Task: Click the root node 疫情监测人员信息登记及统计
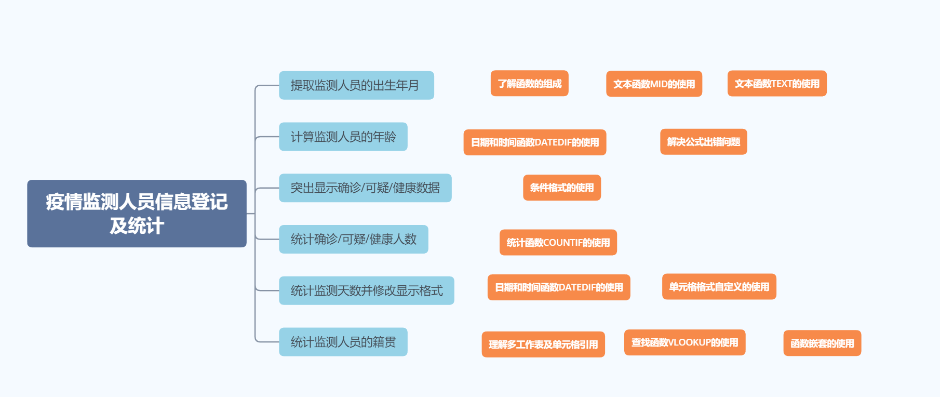[137, 214]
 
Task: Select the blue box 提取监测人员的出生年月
[356, 85]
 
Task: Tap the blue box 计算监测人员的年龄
[343, 137]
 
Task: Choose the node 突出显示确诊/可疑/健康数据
[365, 188]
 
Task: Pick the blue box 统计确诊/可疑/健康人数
[353, 239]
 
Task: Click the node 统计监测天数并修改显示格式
[366, 290]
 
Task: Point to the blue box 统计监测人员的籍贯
[343, 342]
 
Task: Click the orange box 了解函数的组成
[529, 84]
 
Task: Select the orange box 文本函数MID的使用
[654, 84]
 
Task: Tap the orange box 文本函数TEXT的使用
[776, 84]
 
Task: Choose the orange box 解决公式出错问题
[703, 142]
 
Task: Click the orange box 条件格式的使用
[561, 188]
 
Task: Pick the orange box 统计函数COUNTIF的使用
[558, 243]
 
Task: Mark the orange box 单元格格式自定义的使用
[719, 287]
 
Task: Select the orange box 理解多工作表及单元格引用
[543, 345]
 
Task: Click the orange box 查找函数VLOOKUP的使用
[684, 342]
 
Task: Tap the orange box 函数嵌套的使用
[822, 343]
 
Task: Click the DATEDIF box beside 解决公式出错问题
[534, 142]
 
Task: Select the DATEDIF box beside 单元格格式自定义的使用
[558, 287]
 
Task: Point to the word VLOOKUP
[689, 342]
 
